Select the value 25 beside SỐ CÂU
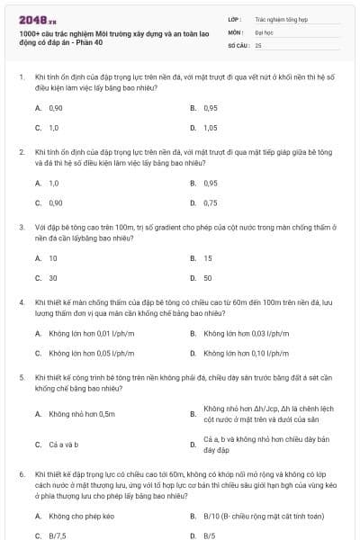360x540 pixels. [x=258, y=44]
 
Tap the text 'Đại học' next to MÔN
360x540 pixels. [x=262, y=31]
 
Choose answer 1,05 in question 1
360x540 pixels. [x=210, y=128]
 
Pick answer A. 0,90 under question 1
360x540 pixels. [x=56, y=108]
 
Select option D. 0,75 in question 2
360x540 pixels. [x=210, y=202]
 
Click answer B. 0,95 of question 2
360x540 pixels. [x=210, y=183]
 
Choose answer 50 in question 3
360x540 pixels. [x=207, y=278]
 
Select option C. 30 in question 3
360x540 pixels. [x=53, y=278]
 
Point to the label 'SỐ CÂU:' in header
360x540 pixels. [x=238, y=44]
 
